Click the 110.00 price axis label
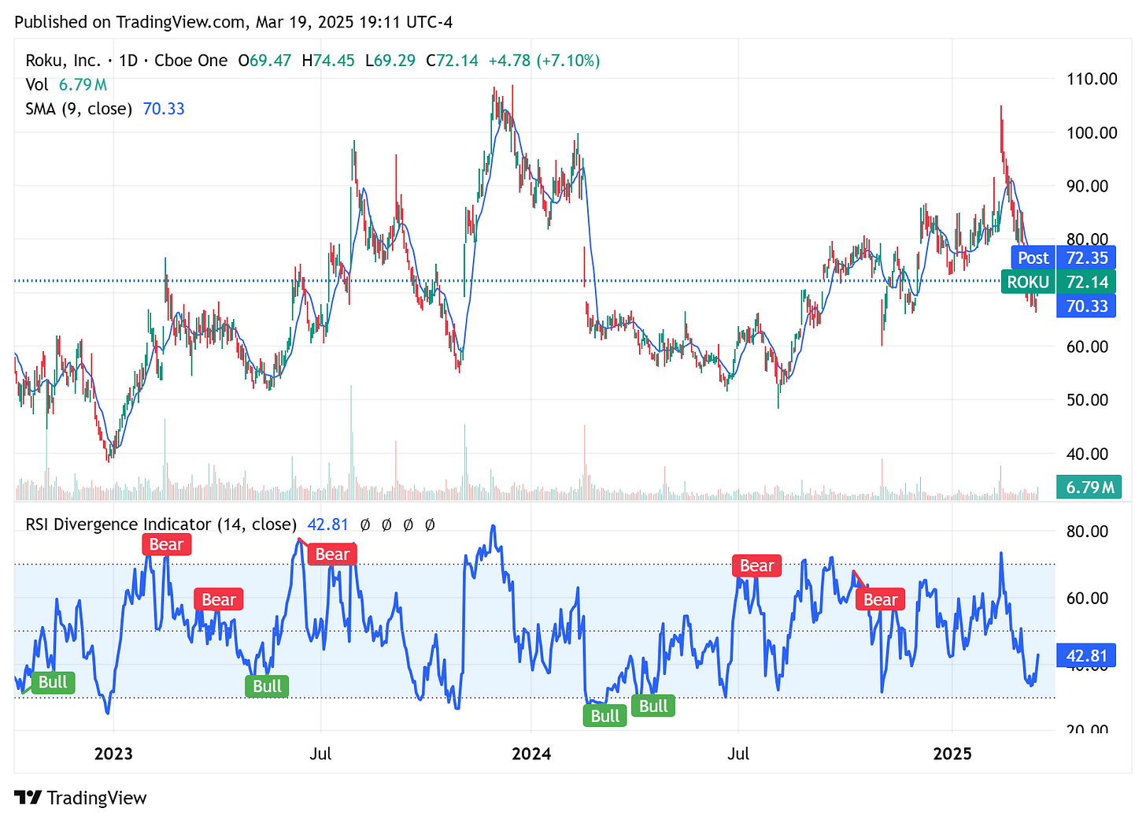coord(1092,79)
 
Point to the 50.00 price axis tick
coord(1087,400)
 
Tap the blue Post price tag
coord(1033,258)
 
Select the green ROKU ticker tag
coord(1028,282)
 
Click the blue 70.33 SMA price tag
coord(1086,306)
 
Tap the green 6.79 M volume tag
coord(1089,487)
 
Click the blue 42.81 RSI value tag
coord(1086,656)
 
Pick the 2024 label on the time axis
coord(531,754)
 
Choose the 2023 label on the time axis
coord(113,754)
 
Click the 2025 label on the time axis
coord(952,754)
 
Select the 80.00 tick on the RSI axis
coord(1087,532)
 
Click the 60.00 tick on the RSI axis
coord(1087,598)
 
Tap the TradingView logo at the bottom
coord(81,798)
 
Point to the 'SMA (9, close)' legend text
coord(79,109)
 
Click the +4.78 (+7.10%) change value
coord(544,61)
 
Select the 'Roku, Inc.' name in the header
coord(63,61)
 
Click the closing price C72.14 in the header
coord(452,61)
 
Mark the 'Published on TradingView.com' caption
coord(130,22)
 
